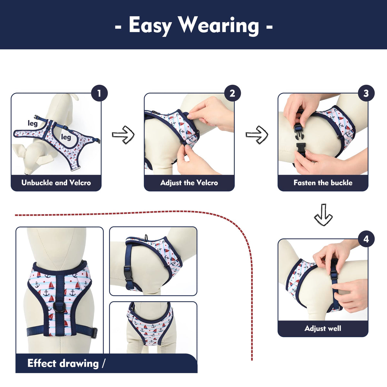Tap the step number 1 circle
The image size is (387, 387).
(99, 94)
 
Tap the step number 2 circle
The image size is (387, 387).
(232, 94)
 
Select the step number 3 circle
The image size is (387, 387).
(366, 94)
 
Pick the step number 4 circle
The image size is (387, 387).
(366, 239)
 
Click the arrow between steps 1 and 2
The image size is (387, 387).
(123, 135)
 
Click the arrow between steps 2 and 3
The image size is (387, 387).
(257, 135)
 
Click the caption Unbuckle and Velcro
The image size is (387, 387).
(56, 183)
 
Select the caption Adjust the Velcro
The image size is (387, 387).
(189, 183)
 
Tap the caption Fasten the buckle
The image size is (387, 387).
(323, 183)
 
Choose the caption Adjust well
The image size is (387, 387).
(323, 328)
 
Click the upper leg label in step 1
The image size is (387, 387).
(33, 123)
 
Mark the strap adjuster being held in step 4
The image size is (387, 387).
(334, 275)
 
